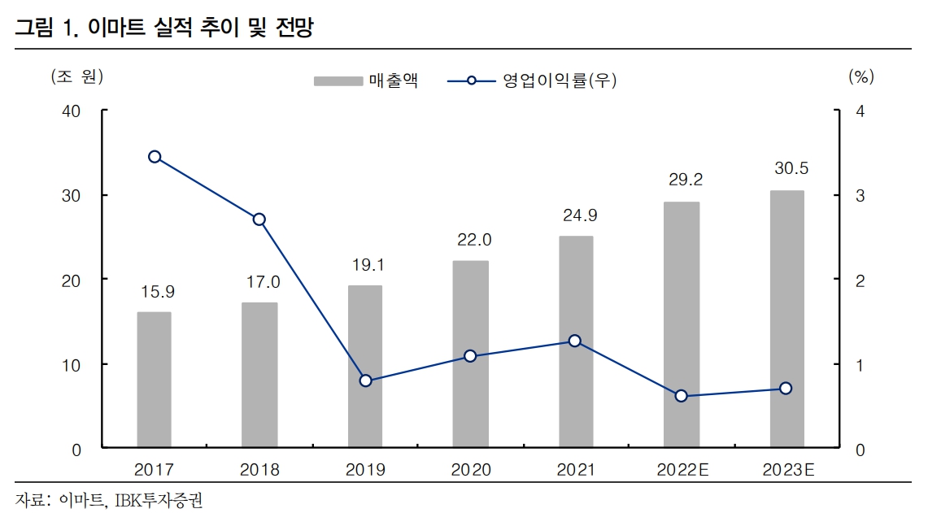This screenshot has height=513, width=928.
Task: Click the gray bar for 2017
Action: coord(154,379)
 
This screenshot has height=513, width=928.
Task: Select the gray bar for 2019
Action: coord(364,366)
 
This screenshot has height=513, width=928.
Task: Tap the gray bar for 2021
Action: coord(575,341)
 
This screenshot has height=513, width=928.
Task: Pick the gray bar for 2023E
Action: coord(786,319)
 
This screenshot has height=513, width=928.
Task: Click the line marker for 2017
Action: coord(155,157)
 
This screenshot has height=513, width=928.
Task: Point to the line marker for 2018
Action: coord(259,220)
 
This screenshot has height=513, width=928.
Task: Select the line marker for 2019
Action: coord(365,380)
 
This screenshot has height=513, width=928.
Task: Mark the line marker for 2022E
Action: coord(682,396)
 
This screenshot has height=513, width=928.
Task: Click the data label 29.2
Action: coord(682,178)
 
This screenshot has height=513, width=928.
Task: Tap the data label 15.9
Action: coord(155,290)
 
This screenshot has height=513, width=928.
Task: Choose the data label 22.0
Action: coord(470,240)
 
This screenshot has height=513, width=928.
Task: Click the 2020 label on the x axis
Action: coord(470,470)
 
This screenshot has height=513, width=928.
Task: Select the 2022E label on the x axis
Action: coord(682,470)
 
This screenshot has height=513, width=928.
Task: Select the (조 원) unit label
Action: coord(77,77)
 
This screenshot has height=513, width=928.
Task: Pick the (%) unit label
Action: coord(860,77)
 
